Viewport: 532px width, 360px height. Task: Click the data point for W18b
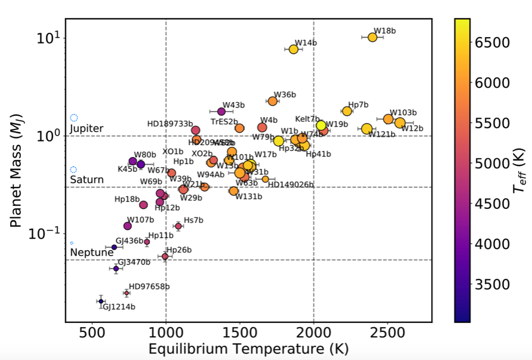tap(373, 37)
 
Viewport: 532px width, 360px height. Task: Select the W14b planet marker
tap(293, 49)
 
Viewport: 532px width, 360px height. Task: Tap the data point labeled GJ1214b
tap(101, 301)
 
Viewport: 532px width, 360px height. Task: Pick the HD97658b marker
tap(127, 293)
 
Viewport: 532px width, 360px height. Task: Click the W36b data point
tap(272, 101)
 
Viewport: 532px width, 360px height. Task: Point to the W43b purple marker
tap(222, 111)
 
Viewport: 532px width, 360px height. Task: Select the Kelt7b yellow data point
tap(321, 125)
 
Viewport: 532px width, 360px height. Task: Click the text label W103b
tap(403, 112)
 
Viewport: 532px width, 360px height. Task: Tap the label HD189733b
tap(170, 124)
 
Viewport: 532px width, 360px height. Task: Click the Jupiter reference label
tap(87, 129)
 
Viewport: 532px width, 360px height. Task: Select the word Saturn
tap(87, 180)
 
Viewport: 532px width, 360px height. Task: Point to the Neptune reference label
tap(91, 253)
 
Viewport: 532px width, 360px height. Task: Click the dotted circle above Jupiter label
tap(74, 118)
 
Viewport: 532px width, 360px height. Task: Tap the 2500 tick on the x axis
tap(387, 331)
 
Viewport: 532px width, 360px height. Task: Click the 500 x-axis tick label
tap(93, 331)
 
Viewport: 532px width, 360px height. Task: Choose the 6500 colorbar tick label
tap(492, 42)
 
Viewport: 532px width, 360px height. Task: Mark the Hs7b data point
tap(178, 226)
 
